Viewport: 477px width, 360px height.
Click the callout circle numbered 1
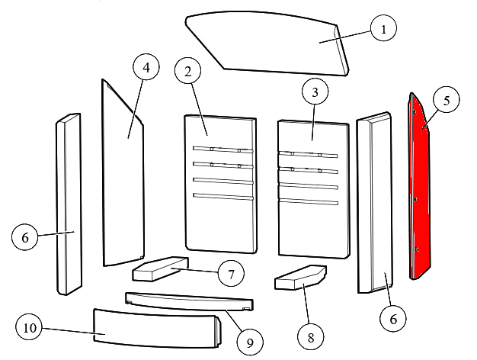(x=384, y=30)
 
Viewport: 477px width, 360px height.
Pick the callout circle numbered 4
(x=146, y=68)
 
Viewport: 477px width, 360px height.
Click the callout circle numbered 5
(x=447, y=101)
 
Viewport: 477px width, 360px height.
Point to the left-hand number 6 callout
(x=25, y=238)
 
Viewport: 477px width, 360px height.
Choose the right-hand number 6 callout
(x=393, y=320)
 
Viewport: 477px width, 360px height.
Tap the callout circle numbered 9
(x=249, y=344)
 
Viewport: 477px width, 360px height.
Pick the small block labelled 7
(x=160, y=268)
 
